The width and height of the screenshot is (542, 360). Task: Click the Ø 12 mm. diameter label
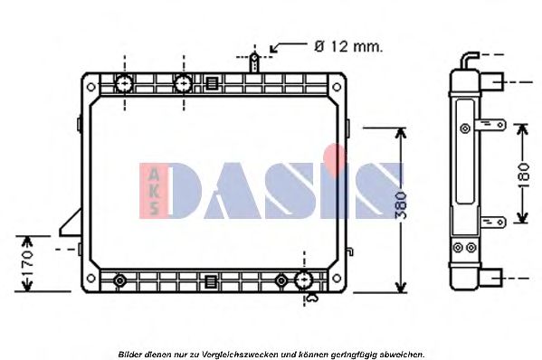tap(347, 45)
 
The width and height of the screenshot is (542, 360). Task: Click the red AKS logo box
tap(152, 191)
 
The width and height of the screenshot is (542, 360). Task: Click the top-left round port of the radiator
tap(124, 84)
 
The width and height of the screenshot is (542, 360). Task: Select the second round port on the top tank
tap(183, 84)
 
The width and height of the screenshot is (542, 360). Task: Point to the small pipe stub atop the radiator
tap(256, 62)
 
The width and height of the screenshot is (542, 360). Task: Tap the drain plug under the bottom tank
tap(311, 297)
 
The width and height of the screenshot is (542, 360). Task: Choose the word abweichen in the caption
tap(403, 354)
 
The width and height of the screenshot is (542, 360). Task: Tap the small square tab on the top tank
tap(211, 84)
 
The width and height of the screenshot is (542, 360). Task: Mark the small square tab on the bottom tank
tap(211, 279)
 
